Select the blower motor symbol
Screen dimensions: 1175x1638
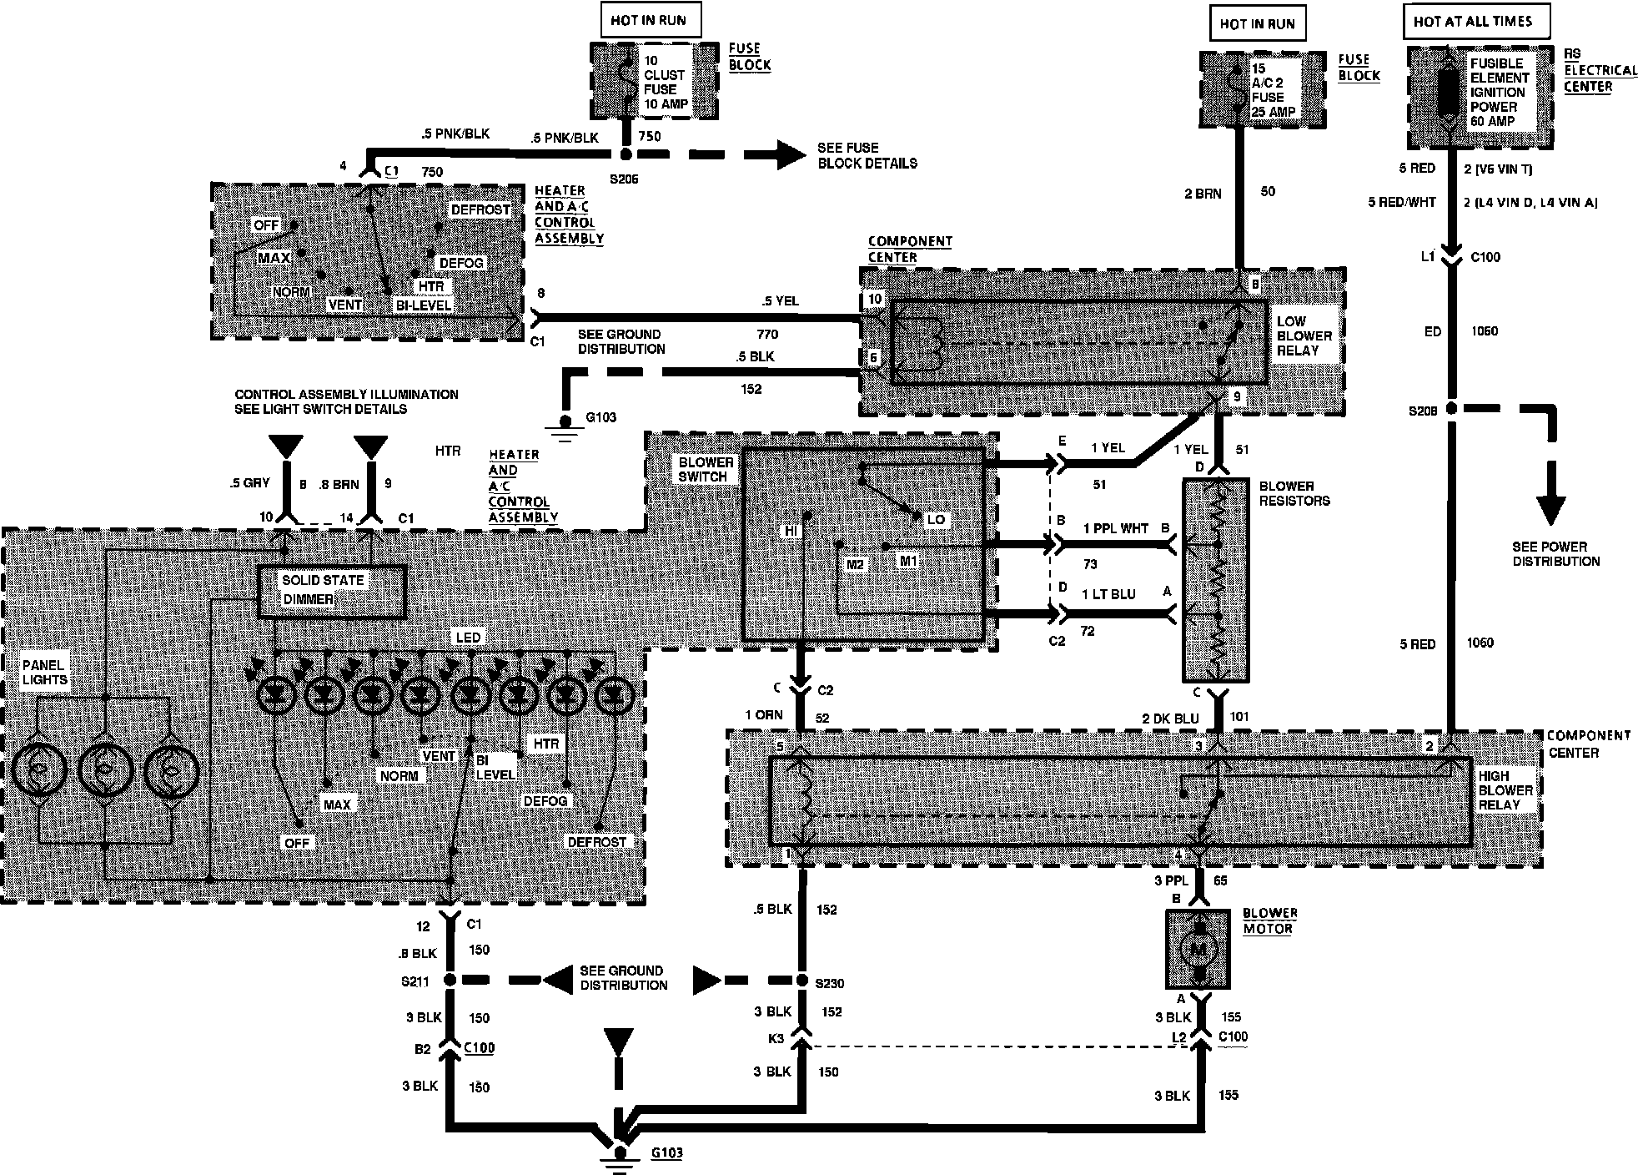(x=1198, y=948)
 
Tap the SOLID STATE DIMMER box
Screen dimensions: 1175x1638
(x=332, y=590)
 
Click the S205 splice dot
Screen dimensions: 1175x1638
(x=625, y=155)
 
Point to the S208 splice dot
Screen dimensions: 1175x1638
(x=1451, y=409)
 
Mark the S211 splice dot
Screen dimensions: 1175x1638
(x=450, y=981)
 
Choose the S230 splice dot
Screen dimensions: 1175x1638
(x=802, y=981)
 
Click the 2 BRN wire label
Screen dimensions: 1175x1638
(x=1203, y=194)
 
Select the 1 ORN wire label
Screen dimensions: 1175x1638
(x=763, y=715)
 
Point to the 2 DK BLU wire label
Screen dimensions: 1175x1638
(x=1169, y=719)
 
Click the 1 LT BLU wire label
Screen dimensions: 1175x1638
(x=1108, y=594)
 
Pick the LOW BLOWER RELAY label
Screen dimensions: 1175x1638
(x=1304, y=336)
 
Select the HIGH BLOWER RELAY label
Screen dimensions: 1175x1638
(x=1505, y=789)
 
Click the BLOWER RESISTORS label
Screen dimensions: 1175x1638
(x=1294, y=493)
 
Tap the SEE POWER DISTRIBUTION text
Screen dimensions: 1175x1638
(x=1555, y=554)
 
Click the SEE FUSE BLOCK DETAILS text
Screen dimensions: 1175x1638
(x=867, y=155)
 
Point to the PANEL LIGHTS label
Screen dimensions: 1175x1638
(x=44, y=673)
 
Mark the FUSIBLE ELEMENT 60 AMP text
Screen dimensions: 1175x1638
(x=1499, y=92)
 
